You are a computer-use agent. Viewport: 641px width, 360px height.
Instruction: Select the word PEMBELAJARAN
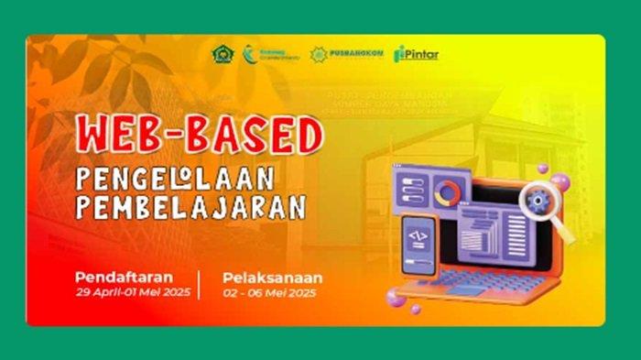(190, 208)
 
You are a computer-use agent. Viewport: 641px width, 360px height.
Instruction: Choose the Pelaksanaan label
(272, 277)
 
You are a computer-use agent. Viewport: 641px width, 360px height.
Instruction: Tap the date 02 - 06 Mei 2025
(270, 292)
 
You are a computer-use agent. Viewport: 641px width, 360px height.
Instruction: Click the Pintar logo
(416, 54)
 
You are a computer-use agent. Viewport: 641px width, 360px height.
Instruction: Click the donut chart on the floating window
(449, 193)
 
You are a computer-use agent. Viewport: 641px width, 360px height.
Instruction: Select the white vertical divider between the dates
(199, 284)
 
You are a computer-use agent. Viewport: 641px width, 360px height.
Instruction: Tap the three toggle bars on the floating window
(407, 191)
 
